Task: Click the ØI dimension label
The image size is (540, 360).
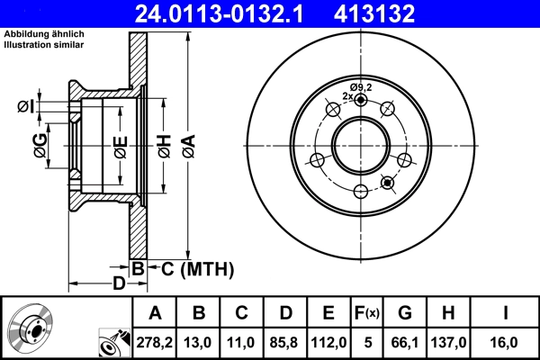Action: pyautogui.click(x=23, y=106)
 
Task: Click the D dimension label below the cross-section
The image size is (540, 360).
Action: pyautogui.click(x=118, y=284)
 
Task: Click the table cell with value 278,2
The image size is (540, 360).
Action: pyautogui.click(x=154, y=342)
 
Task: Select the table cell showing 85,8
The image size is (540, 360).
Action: pyautogui.click(x=285, y=342)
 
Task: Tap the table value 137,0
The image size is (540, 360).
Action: pyautogui.click(x=448, y=342)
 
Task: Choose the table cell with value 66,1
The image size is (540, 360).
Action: pyautogui.click(x=404, y=342)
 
